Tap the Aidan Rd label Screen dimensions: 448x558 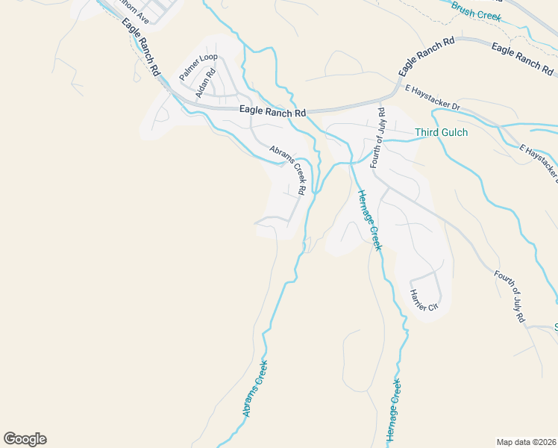tap(205, 83)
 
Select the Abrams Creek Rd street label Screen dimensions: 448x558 tap(288, 169)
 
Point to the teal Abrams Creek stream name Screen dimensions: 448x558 tap(254, 388)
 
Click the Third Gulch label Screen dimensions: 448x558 tap(441, 133)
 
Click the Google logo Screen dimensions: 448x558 tap(25, 439)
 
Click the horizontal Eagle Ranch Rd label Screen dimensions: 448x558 tap(273, 111)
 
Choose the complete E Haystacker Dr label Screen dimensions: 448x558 tap(433, 98)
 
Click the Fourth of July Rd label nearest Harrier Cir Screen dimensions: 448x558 tap(510, 296)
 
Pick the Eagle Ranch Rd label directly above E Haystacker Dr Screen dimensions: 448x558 tap(426, 58)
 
